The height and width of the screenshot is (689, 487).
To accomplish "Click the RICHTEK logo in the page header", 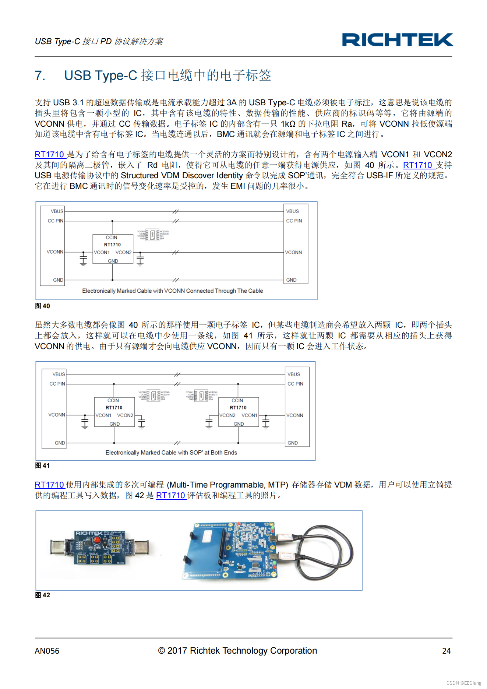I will [x=397, y=40].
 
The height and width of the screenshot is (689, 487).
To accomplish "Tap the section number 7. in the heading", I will [x=40, y=75].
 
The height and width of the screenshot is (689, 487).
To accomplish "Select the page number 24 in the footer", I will [x=446, y=651].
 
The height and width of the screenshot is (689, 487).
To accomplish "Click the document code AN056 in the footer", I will [x=47, y=651].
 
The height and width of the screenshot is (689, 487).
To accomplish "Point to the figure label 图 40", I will [x=42, y=306].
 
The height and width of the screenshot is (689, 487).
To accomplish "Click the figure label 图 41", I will [x=42, y=465].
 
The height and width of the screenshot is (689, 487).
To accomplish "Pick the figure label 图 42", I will [x=42, y=595].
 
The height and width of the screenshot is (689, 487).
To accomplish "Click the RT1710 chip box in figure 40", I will [x=113, y=249].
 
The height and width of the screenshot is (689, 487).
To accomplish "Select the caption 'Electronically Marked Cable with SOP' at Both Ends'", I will [x=171, y=452].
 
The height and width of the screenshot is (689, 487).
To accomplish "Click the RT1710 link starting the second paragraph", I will [x=50, y=154].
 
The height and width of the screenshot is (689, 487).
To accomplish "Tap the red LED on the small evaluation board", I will [x=97, y=540].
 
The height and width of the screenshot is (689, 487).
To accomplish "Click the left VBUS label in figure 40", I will [x=57, y=211].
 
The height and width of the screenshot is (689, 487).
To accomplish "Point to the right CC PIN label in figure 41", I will [x=295, y=384].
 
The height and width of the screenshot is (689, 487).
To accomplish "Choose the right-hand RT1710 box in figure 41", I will [x=239, y=412].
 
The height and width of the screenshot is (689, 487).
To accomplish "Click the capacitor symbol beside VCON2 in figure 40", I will [x=140, y=259].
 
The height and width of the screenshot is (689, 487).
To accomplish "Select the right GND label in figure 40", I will [x=291, y=280].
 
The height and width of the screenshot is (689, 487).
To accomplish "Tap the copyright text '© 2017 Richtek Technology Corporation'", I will [x=237, y=651].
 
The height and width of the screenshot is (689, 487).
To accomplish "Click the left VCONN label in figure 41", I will [x=57, y=415].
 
